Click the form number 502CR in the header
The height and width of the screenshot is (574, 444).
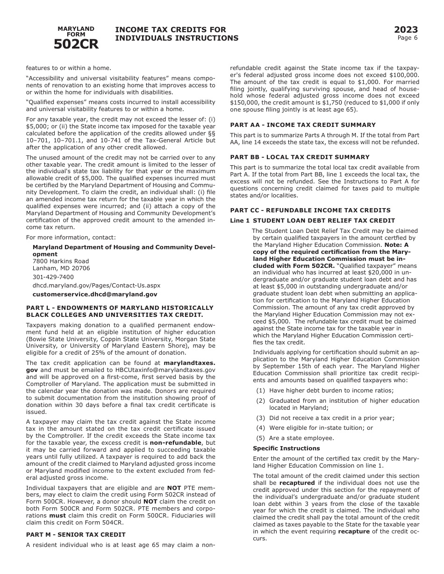point(76,44)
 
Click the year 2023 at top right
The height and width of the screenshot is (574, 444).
point(406,30)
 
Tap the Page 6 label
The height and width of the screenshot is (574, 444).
point(407,38)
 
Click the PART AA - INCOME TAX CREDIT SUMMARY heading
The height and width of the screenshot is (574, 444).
point(302,125)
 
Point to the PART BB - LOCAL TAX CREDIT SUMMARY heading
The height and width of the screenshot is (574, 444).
point(300,157)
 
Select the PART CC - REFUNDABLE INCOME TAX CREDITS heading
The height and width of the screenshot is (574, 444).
point(310,210)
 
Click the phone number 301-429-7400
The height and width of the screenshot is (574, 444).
point(53,277)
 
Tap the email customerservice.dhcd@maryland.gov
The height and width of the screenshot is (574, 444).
point(95,294)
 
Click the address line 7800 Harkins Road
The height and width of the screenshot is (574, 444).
point(61,261)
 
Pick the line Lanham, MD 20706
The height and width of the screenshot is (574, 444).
point(61,268)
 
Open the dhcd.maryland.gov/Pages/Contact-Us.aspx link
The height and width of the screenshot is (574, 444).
point(96,285)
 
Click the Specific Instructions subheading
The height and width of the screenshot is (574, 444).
point(286,448)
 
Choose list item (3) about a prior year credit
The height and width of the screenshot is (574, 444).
point(325,418)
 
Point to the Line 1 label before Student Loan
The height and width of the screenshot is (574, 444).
point(239,221)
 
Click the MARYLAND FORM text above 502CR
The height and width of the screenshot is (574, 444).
point(76,31)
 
